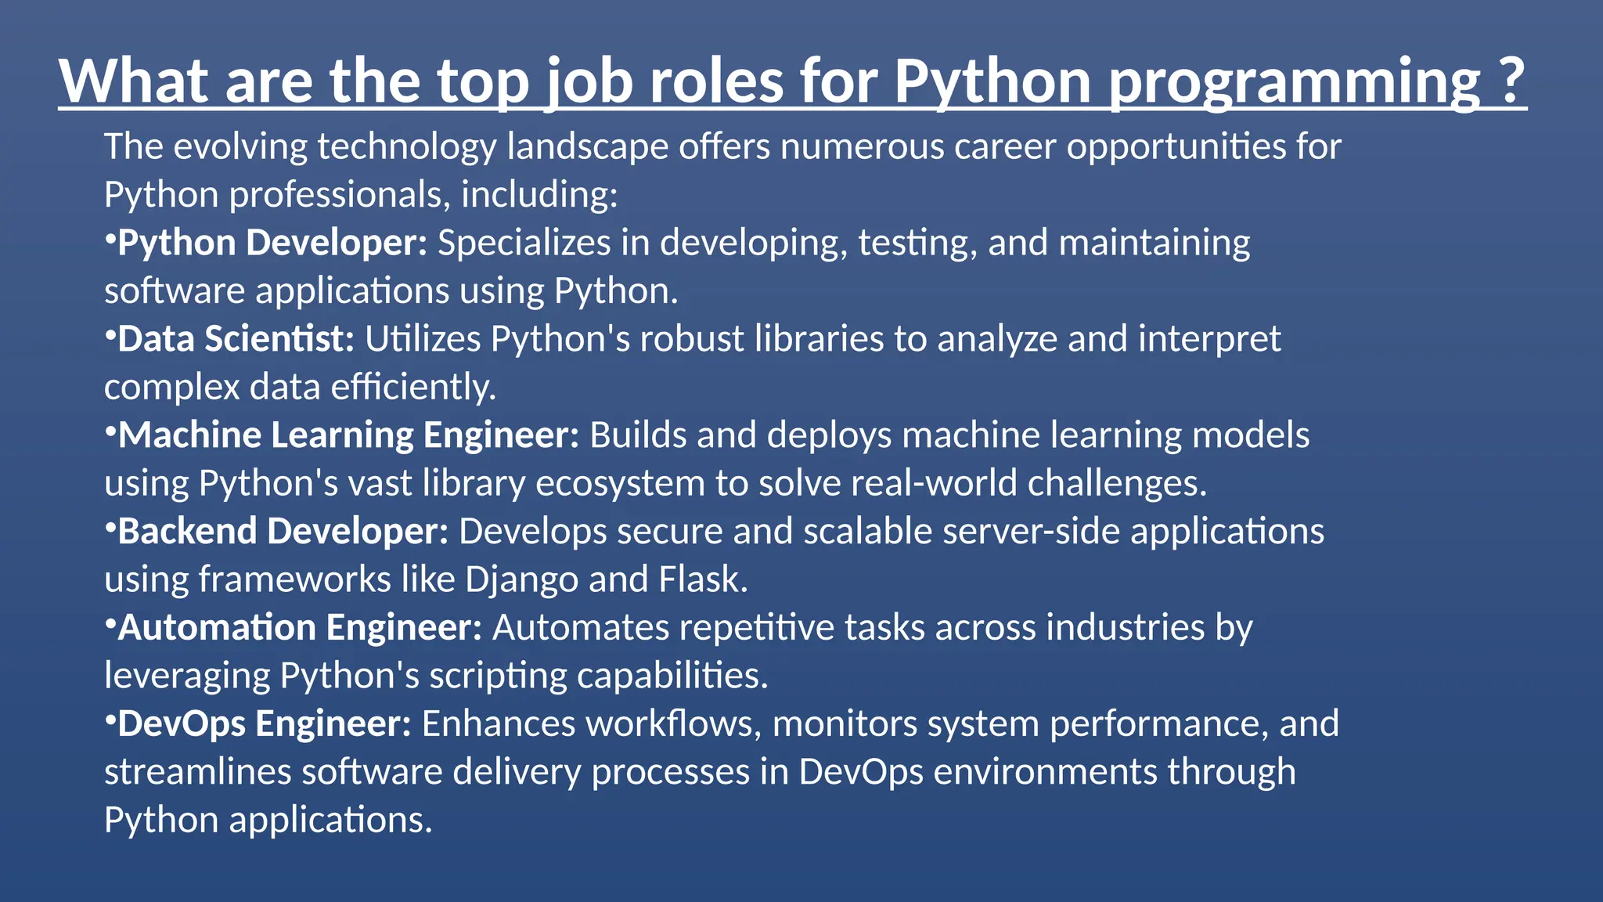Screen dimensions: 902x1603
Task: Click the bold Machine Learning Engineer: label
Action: click(348, 435)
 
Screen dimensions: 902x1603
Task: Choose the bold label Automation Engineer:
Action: click(300, 628)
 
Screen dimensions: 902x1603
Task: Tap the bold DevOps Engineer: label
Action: click(265, 724)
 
